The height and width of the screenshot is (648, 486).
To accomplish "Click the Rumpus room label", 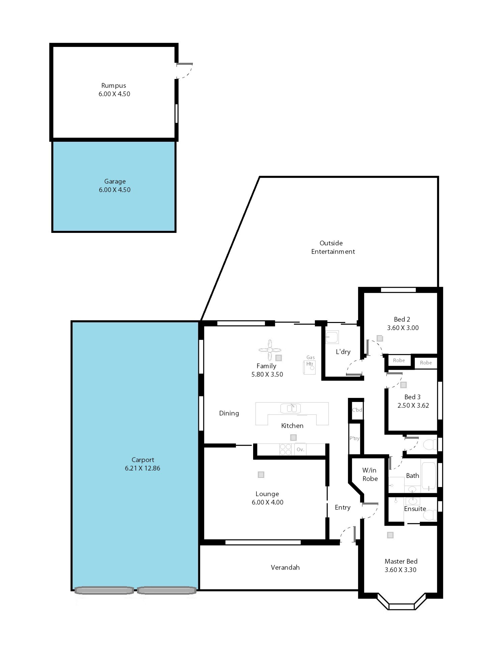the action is [x=113, y=86].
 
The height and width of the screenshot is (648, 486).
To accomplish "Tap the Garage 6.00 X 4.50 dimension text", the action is [x=115, y=190].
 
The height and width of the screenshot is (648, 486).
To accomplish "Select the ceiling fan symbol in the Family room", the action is [x=270, y=350].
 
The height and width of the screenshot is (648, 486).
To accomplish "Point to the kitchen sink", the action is [x=290, y=408].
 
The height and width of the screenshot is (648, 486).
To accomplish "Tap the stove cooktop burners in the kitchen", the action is [x=285, y=449].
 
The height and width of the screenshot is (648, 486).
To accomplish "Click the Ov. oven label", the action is [x=300, y=449].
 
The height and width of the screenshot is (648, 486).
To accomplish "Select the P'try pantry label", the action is [x=354, y=438].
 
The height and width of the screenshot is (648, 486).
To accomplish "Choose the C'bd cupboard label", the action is [x=357, y=410].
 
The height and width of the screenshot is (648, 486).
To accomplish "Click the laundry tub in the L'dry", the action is [x=332, y=337].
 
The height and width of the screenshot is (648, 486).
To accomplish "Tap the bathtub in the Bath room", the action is [x=429, y=474].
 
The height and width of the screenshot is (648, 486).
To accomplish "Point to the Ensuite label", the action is [x=415, y=509].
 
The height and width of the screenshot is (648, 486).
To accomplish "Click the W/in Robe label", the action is [x=370, y=474].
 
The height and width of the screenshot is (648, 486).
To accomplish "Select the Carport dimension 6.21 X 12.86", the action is [x=142, y=468].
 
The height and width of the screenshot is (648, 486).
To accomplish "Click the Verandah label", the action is [x=285, y=568].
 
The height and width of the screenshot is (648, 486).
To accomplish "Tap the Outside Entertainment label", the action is [x=333, y=247].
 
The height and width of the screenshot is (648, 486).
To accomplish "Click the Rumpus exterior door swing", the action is [x=185, y=71].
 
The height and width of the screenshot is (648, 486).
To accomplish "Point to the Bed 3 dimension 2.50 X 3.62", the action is [x=413, y=406].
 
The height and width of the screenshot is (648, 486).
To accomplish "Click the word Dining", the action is [x=229, y=413].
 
